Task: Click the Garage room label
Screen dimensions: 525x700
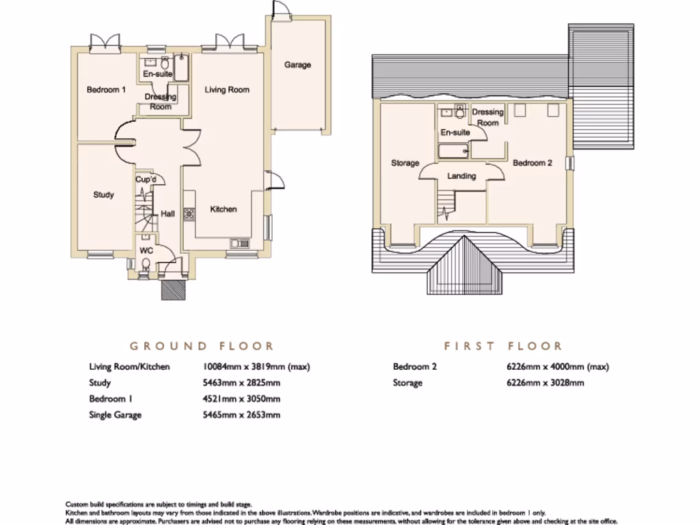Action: click(297, 65)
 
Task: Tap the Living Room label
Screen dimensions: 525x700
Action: click(228, 90)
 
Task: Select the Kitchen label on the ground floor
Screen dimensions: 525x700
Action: click(224, 209)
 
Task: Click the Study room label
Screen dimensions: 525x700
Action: click(103, 195)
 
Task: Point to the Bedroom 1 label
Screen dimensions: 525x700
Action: click(106, 90)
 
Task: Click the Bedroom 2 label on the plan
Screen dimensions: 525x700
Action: click(533, 163)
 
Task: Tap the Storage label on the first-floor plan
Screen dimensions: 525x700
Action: click(405, 163)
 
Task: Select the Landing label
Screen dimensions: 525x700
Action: click(461, 176)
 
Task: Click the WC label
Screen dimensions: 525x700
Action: click(146, 250)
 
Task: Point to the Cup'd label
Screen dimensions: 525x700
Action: click(146, 180)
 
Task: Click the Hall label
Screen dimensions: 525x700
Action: click(167, 214)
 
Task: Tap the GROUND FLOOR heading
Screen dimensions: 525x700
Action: click(202, 346)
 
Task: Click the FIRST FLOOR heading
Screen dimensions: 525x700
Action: click(503, 346)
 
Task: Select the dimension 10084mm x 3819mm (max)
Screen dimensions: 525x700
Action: click(256, 366)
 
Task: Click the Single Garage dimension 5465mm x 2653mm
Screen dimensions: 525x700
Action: click(241, 415)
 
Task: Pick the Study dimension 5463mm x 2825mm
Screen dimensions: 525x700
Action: click(241, 383)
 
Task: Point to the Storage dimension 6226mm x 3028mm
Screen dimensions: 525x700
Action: click(546, 383)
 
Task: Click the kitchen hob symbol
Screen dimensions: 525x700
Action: click(189, 213)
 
